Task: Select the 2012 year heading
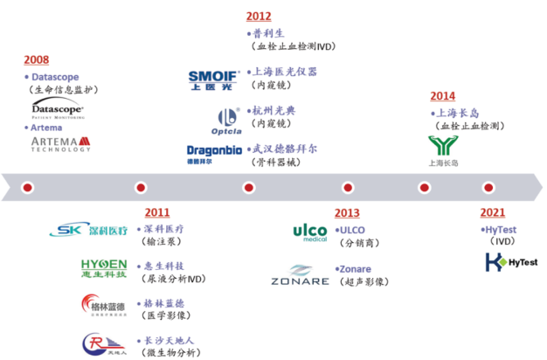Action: [259, 16]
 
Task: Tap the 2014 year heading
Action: [444, 97]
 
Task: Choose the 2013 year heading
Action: [347, 212]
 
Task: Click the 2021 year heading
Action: [493, 212]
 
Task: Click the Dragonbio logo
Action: [212, 153]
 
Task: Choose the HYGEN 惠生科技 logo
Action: [103, 268]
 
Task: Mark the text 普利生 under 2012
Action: [267, 32]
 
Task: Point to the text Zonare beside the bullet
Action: [357, 269]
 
